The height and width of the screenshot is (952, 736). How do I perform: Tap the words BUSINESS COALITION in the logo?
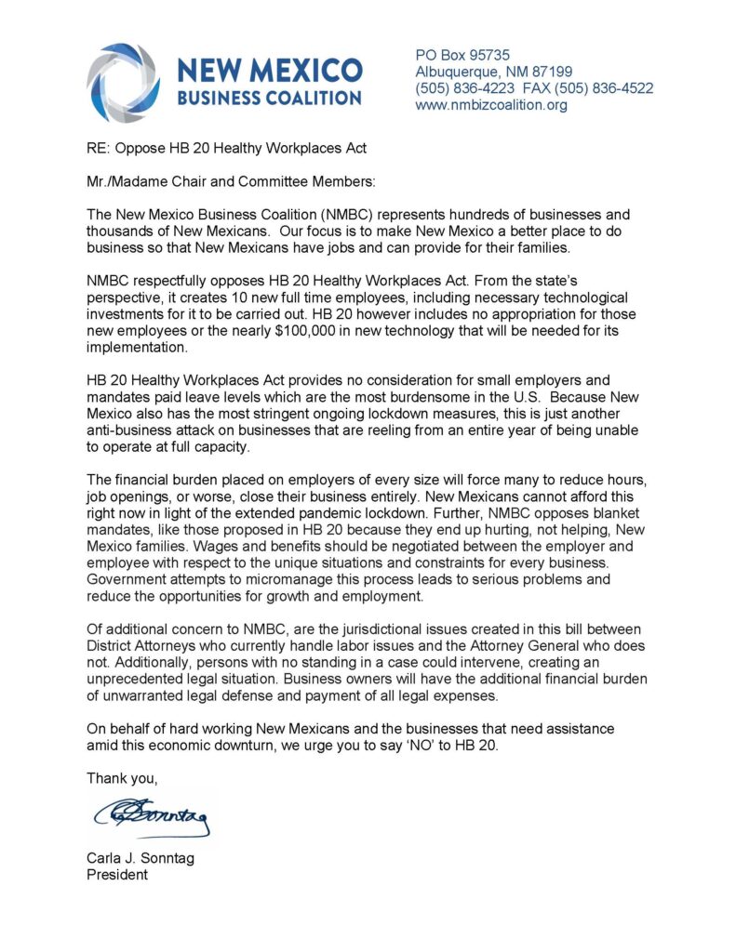[x=269, y=98]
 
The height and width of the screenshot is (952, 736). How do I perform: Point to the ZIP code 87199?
[x=553, y=73]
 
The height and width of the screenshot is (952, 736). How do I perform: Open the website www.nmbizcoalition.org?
[x=491, y=106]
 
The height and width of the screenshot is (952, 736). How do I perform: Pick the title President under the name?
[x=117, y=876]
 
